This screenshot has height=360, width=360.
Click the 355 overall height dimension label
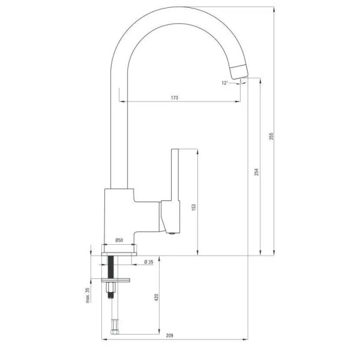271,136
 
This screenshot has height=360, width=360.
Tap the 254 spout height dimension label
256,172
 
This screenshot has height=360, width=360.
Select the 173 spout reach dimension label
174,98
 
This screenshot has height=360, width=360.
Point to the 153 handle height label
194,208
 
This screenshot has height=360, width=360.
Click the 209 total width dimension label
169,335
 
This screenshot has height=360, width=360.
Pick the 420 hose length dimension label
157,298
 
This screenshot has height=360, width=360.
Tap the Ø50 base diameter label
119,240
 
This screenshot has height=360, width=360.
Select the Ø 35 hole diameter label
149,262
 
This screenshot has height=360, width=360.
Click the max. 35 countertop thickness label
88,295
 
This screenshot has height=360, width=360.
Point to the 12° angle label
225,83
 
